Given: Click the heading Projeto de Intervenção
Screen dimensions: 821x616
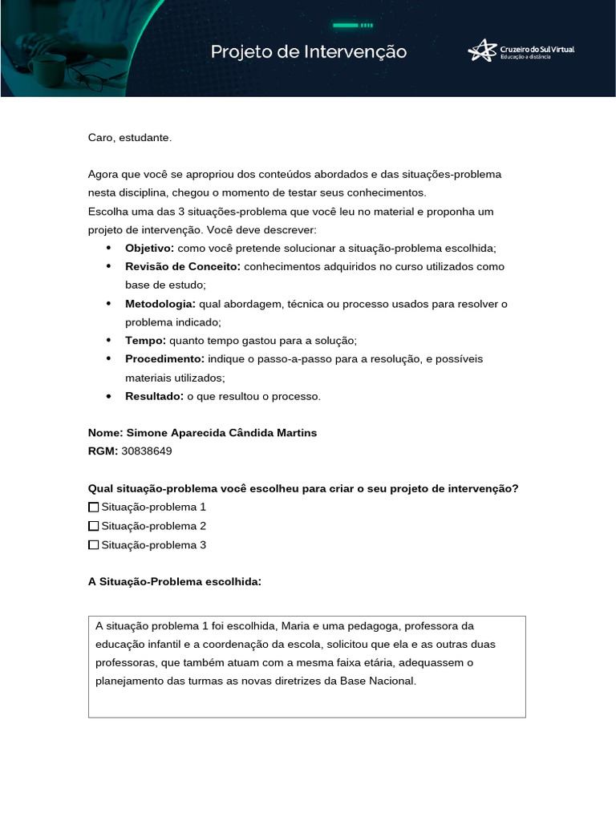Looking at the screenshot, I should point(309,52).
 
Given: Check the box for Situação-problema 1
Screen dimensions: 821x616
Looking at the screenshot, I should point(94,508).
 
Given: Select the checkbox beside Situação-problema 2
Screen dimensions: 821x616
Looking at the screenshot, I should point(94,526).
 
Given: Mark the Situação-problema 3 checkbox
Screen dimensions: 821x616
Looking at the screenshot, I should point(94,545).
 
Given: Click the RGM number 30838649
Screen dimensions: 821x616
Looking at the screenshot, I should point(147,451).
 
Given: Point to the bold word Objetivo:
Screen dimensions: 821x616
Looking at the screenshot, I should point(149,248).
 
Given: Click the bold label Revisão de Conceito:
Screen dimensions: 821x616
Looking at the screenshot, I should point(183,266).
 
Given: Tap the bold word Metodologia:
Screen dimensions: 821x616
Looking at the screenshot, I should point(160,304).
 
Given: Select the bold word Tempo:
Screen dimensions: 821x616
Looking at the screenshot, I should point(144,340).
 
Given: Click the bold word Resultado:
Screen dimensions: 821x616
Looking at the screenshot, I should point(154,396).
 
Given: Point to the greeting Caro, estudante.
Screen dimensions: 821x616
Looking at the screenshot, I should point(130,138).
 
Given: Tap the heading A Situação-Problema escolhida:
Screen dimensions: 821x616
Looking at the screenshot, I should point(175,582).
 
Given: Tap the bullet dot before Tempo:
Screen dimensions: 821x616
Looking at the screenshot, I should point(108,341).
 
